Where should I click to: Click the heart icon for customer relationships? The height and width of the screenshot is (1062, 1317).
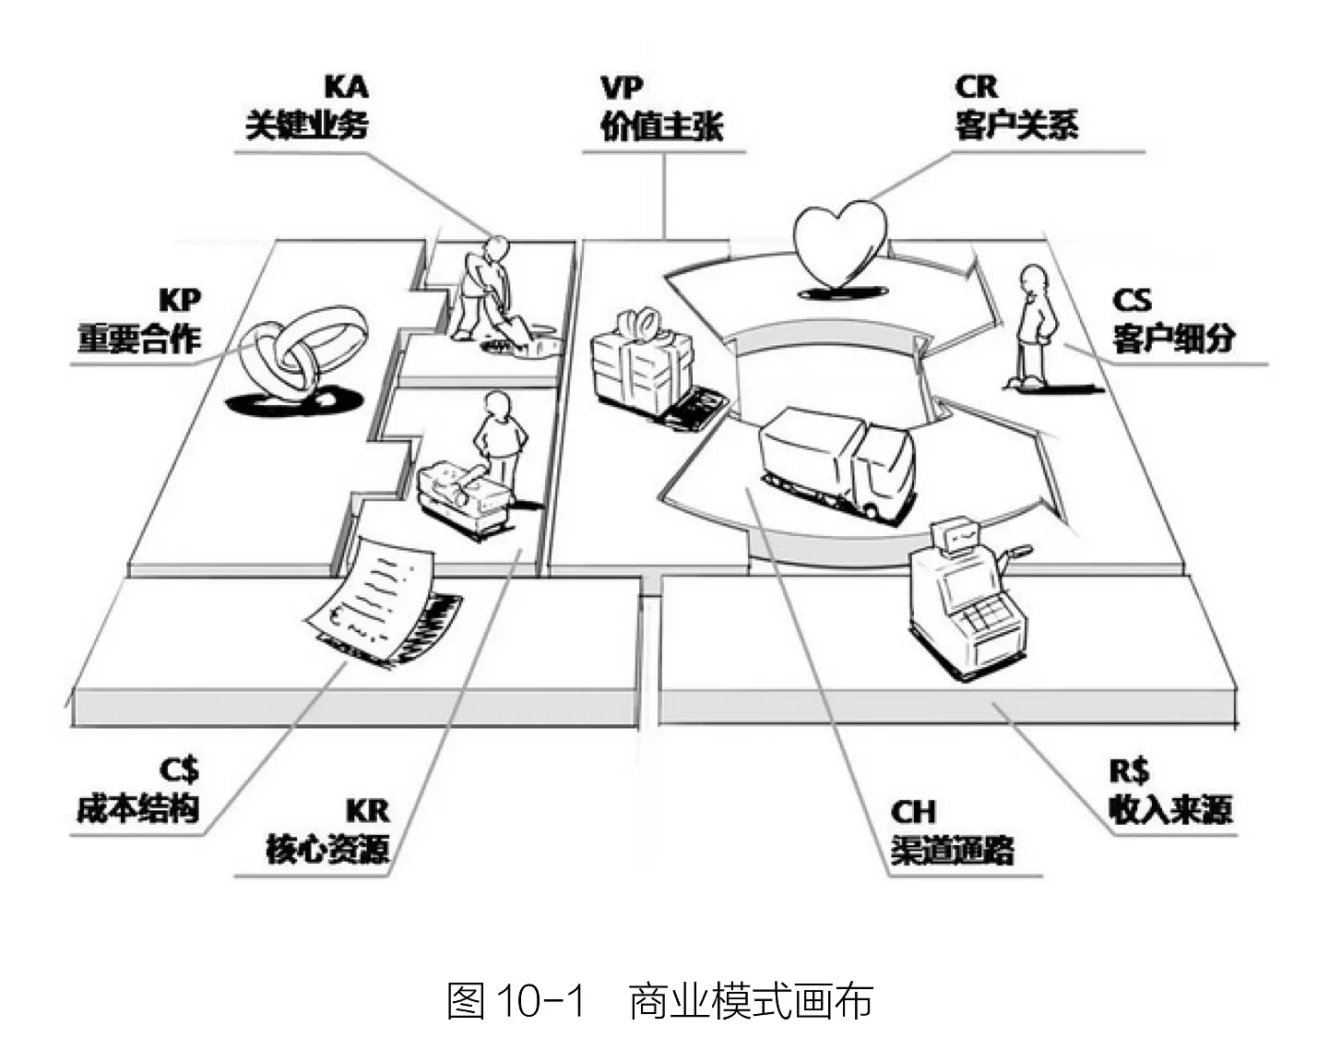pyautogui.click(x=840, y=243)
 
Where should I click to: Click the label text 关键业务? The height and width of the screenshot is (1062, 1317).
pyautogui.click(x=307, y=125)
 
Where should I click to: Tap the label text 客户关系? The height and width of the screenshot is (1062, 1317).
pyautogui.click(x=1016, y=125)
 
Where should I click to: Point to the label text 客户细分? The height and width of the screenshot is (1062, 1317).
pyautogui.click(x=1172, y=338)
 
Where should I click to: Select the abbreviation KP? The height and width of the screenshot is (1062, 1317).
pyautogui.click(x=179, y=300)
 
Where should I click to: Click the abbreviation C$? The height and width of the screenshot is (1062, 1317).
pyautogui.click(x=178, y=770)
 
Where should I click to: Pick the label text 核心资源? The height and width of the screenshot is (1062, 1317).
pyautogui.click(x=327, y=849)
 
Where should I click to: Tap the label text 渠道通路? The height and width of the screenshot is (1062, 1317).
pyautogui.click(x=952, y=849)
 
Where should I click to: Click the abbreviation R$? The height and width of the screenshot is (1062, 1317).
pyautogui.click(x=1129, y=770)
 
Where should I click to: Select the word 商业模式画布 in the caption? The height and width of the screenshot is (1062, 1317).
pyautogui.click(x=751, y=1002)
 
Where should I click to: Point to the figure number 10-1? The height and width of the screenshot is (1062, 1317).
pyautogui.click(x=540, y=1002)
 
